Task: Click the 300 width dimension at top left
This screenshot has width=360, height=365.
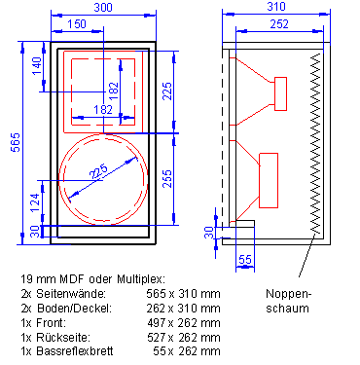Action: point(103,7)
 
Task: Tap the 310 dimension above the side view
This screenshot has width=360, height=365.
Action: point(276,7)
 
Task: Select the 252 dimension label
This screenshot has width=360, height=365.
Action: point(279,24)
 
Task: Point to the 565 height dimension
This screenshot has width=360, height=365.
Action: point(16,142)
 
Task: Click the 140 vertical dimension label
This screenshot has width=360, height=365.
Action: point(37,66)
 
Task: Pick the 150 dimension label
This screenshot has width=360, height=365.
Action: point(77,24)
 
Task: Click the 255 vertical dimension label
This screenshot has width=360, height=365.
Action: point(167,179)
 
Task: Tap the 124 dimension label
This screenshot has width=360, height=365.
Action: point(36,202)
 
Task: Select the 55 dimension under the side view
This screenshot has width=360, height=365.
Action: point(245,260)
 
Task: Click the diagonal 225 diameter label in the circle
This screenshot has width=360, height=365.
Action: point(98,171)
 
